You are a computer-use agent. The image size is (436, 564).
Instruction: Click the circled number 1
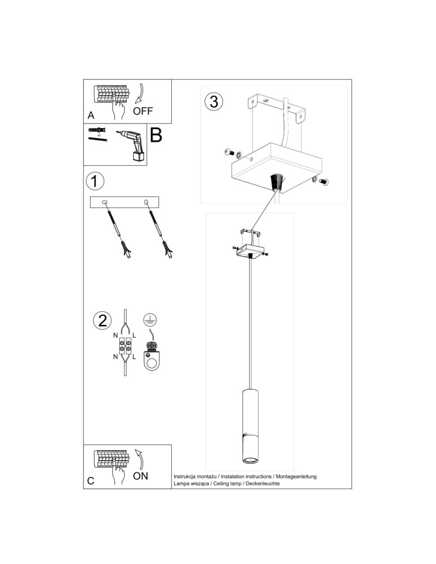[x=95, y=181]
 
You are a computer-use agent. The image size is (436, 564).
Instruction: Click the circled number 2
[x=103, y=321]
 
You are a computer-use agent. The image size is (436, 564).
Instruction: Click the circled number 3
[x=213, y=102]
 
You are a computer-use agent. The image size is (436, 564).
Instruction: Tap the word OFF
[x=143, y=111]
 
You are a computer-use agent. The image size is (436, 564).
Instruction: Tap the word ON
[x=140, y=475]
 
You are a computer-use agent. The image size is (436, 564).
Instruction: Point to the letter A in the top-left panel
[x=91, y=115]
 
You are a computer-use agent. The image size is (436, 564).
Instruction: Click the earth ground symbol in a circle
[x=149, y=320]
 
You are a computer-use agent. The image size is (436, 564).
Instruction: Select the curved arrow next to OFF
[x=140, y=94]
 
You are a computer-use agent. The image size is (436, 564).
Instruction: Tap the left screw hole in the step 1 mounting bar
[x=105, y=202]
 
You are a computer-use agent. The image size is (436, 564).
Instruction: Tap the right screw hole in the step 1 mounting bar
[x=146, y=202]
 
